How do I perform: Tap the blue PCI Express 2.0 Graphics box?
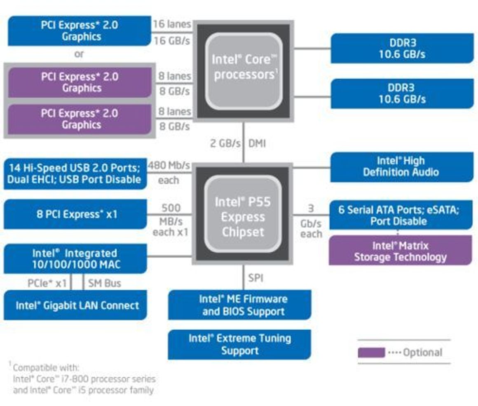(x=79, y=31)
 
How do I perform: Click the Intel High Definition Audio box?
(x=401, y=167)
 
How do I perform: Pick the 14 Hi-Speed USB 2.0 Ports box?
(x=75, y=174)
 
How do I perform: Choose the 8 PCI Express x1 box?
(x=75, y=214)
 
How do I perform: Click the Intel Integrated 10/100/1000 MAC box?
(x=75, y=258)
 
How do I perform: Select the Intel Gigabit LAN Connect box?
(x=75, y=305)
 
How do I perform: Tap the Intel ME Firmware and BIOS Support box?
(x=239, y=305)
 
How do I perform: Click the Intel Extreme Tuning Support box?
(x=239, y=345)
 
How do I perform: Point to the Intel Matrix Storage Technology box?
(x=400, y=251)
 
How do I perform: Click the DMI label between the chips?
(x=257, y=143)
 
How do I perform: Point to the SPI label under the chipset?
(x=255, y=278)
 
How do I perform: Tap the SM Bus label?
(x=104, y=283)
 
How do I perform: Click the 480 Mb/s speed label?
(x=169, y=166)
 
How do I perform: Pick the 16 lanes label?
(x=171, y=24)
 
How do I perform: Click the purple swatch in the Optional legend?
(x=371, y=352)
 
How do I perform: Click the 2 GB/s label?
(x=225, y=143)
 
